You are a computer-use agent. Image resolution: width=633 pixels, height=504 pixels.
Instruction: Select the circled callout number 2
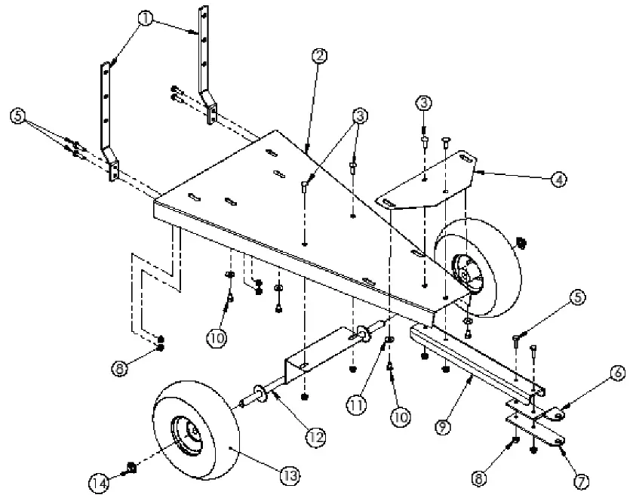320,55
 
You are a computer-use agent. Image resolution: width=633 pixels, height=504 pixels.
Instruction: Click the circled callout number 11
356,404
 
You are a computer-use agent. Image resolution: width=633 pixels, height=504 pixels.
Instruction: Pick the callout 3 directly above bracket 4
424,102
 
